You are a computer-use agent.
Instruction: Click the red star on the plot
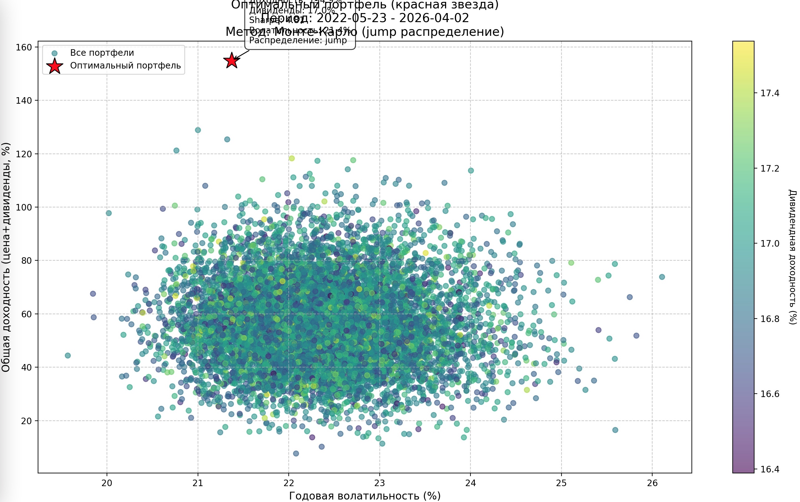point(232,60)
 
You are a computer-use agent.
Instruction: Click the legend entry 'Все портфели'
point(102,53)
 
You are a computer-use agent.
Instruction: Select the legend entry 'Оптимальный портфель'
point(125,65)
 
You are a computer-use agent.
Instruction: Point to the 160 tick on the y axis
point(24,47)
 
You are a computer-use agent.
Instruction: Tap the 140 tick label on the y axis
point(24,101)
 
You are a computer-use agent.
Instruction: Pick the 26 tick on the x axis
point(652,483)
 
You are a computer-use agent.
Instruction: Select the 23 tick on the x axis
point(379,483)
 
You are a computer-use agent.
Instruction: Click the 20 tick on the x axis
point(107,483)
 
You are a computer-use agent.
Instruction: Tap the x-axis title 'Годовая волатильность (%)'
point(365,496)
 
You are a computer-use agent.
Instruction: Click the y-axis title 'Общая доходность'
point(6,257)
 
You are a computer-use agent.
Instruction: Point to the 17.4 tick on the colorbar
point(770,93)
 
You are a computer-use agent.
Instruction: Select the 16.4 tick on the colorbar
point(770,469)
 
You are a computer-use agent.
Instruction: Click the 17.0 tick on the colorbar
point(770,244)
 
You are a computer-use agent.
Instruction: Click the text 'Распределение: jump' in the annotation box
point(298,40)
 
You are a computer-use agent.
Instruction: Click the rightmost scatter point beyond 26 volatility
point(662,277)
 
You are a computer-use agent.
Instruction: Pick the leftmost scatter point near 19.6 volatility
point(68,356)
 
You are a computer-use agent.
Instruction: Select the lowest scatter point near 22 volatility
point(296,453)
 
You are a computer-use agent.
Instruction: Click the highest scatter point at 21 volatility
point(198,130)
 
